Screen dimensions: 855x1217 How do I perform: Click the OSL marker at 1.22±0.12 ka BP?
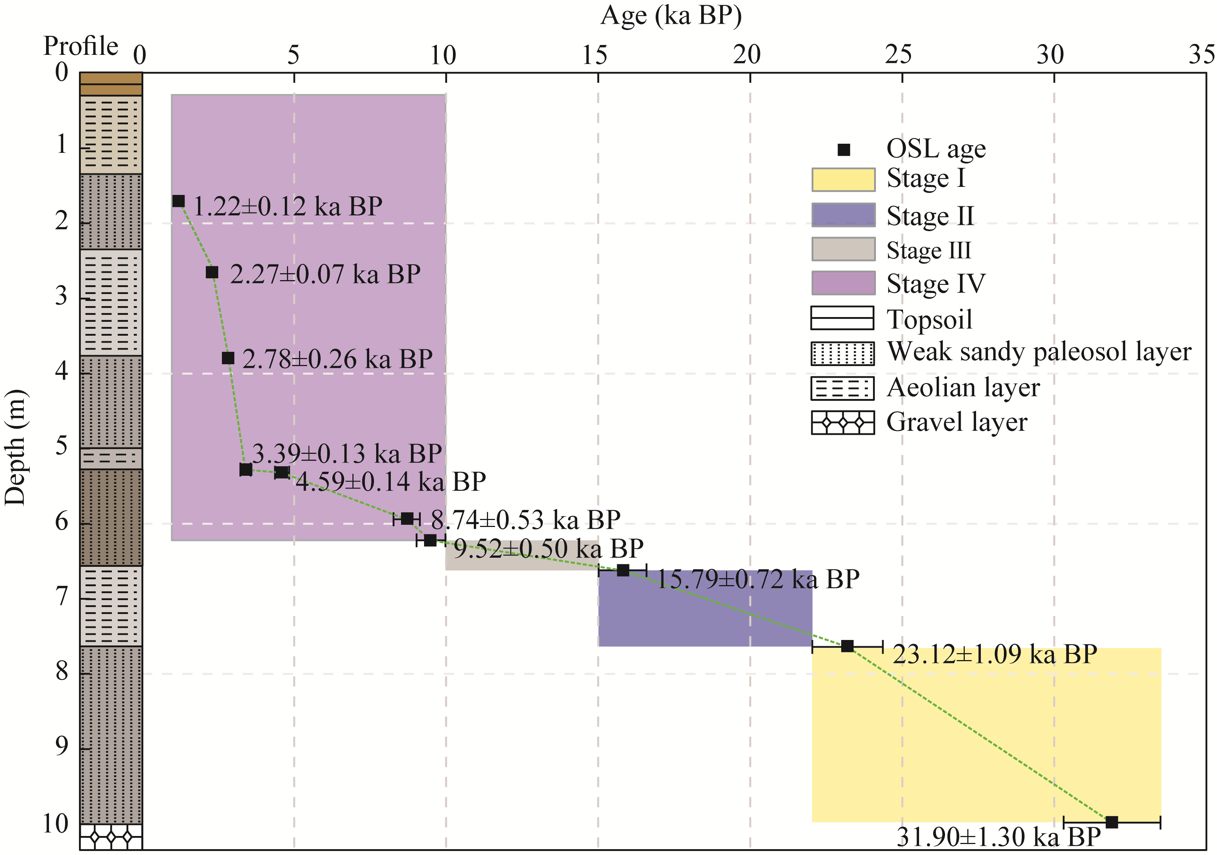[179, 201]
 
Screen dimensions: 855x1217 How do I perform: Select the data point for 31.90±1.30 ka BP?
[1111, 822]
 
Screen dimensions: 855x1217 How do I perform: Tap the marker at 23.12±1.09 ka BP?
[847, 646]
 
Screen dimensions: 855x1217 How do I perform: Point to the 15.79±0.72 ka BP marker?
[623, 570]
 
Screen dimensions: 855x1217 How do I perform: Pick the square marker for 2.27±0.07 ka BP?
[212, 272]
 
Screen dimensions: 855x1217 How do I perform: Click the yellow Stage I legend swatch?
[843, 180]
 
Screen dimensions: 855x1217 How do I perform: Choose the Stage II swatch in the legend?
[843, 215]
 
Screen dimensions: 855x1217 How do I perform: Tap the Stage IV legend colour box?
[843, 283]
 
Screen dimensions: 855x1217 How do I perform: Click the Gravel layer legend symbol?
[842, 422]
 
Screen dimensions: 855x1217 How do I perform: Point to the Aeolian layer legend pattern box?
[842, 388]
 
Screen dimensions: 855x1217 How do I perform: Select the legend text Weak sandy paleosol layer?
[1039, 352]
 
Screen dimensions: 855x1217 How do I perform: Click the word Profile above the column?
[80, 46]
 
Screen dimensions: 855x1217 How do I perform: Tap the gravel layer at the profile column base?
[111, 837]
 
